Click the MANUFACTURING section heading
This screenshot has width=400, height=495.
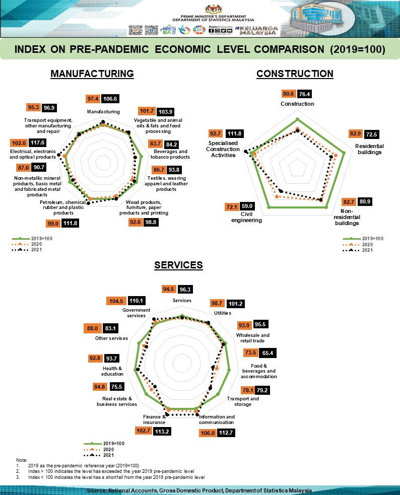coord(92,74)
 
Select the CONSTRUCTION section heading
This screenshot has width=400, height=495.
coord(295,74)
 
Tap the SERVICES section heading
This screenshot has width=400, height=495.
coord(178,265)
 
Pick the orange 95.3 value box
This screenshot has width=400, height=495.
coord(33,107)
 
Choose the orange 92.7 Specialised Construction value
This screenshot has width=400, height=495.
coord(216,133)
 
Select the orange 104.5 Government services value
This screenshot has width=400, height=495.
coord(116,301)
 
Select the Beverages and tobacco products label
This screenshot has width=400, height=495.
coord(171,154)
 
